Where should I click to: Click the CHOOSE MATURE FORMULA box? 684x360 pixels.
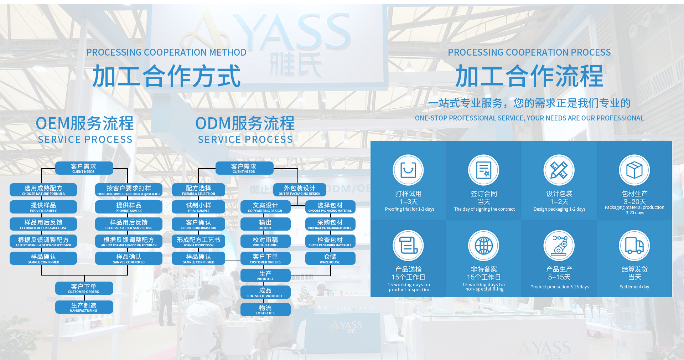click(x=43, y=190)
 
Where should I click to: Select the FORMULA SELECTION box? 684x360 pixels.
click(x=198, y=190)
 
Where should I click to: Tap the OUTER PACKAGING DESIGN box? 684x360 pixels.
click(x=299, y=190)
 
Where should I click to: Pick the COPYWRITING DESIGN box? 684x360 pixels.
click(x=265, y=207)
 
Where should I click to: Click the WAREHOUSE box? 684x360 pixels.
click(x=330, y=258)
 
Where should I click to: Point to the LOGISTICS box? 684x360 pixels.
click(x=265, y=310)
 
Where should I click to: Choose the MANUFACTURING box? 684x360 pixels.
click(x=84, y=307)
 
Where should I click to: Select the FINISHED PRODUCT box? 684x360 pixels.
click(x=265, y=293)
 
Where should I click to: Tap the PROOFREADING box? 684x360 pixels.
click(x=265, y=241)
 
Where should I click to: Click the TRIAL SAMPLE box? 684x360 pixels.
click(x=198, y=207)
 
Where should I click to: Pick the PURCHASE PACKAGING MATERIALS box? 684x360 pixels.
click(x=330, y=224)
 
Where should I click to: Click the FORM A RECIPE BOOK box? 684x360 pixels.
click(x=198, y=241)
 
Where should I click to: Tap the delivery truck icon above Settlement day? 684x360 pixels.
click(x=634, y=246)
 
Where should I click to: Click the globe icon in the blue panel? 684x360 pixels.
click(x=483, y=246)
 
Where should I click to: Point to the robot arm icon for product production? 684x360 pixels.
click(x=559, y=246)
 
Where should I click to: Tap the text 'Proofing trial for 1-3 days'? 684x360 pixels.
click(x=409, y=209)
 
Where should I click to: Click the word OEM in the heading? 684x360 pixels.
click(x=53, y=124)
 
